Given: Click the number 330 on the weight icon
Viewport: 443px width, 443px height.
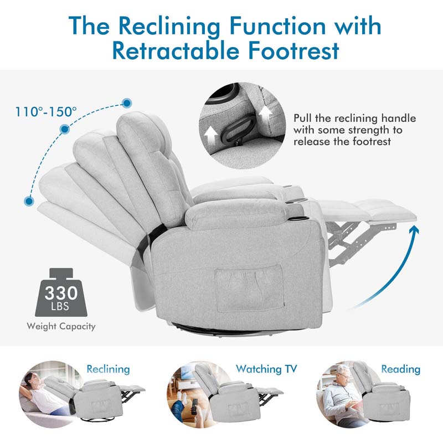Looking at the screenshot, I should pos(61,292).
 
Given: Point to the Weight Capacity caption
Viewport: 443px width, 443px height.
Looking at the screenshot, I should pos(61,326).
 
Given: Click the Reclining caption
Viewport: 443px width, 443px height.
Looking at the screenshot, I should pos(107,369).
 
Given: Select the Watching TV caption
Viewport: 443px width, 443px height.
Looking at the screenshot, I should pos(266,369).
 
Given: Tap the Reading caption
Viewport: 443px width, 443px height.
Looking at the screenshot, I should pos(400,369).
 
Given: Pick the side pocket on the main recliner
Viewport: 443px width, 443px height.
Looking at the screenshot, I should pos(249,288).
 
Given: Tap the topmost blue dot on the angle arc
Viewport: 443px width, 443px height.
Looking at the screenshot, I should pos(127,103).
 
